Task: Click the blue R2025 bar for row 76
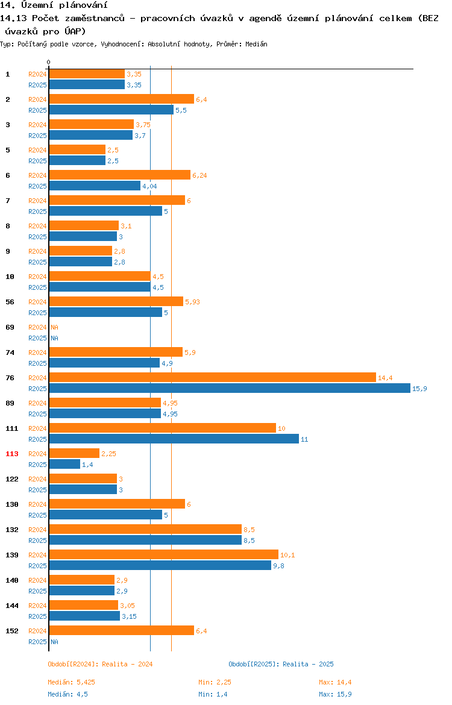tap(230, 389)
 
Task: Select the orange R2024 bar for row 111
tap(163, 428)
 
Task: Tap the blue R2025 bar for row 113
tap(64, 465)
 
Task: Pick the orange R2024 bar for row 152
tap(122, 630)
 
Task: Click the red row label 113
tap(11, 454)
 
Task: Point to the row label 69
tap(10, 327)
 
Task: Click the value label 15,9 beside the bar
tap(419, 389)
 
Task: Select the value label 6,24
tap(199, 176)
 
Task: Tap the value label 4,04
tap(150, 187)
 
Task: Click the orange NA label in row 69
tap(54, 327)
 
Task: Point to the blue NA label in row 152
tap(54, 642)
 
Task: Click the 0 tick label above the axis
tap(49, 63)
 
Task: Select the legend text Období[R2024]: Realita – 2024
tap(100, 664)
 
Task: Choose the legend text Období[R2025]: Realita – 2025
tap(281, 664)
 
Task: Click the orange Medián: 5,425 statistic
tap(72, 682)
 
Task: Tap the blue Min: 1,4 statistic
tap(213, 694)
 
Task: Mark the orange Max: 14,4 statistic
tap(335, 682)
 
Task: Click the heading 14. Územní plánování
tap(54, 5)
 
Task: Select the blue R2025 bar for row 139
tap(160, 566)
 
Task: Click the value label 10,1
tap(288, 556)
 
